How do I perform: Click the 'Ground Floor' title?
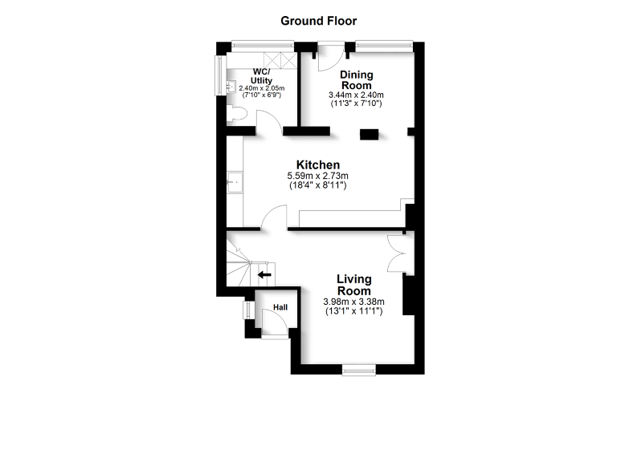pos(318,21)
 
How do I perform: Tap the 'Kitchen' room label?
pos(318,164)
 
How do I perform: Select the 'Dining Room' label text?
pos(355,80)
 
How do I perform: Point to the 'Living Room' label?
pos(353,285)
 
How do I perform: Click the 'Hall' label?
pos(280,307)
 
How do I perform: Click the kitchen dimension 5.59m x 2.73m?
pos(318,176)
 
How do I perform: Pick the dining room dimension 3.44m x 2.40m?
pos(355,95)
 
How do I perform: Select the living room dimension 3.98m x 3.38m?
pos(353,302)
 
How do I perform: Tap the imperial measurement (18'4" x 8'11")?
pos(318,185)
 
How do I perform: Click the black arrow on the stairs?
pos(264,275)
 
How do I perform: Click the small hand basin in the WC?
pos(231,86)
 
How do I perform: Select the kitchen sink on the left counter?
pos(235,184)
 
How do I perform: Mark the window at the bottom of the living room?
pos(358,369)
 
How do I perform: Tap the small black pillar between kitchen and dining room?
pos(370,135)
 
